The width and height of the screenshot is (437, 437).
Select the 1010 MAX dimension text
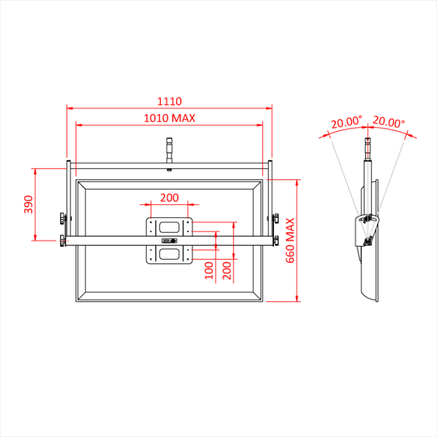click(169, 118)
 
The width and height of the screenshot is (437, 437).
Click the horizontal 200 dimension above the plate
click(169, 198)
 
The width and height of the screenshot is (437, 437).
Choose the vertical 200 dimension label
click(227, 270)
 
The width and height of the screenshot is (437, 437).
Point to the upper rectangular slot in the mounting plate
click(169, 227)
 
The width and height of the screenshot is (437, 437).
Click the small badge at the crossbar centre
click(169, 240)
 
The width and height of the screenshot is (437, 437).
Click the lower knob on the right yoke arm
click(275, 240)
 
